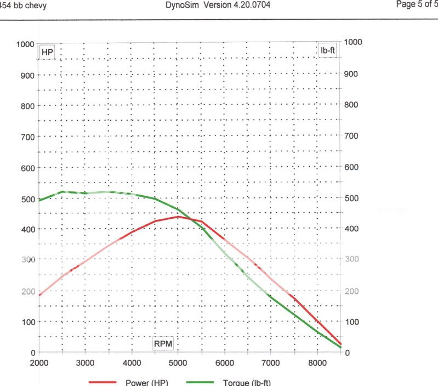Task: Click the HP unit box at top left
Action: pos(48,52)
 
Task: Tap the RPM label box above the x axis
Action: pos(163,344)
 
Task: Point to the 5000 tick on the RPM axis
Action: pos(178,363)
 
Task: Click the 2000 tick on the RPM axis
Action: pos(38,363)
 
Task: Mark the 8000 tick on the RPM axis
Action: pos(318,363)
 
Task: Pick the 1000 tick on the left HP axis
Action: pos(26,44)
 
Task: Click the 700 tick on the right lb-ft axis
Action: pos(351,135)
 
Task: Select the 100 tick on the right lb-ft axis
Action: pos(351,322)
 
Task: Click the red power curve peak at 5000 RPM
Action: pos(178,217)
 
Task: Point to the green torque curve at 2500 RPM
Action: pos(62,192)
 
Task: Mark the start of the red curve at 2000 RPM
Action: pos(38,295)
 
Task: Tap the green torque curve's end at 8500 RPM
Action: pos(341,347)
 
